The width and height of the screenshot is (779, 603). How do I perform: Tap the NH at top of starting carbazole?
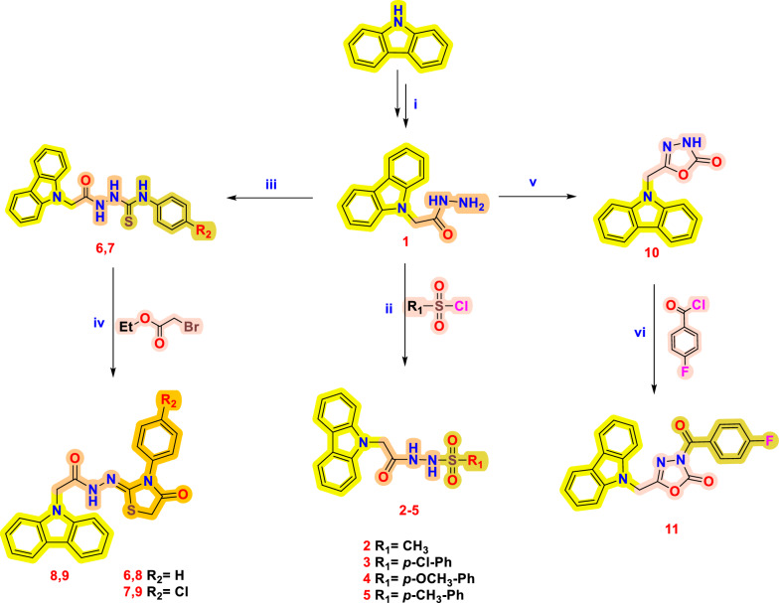[x=405, y=14]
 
